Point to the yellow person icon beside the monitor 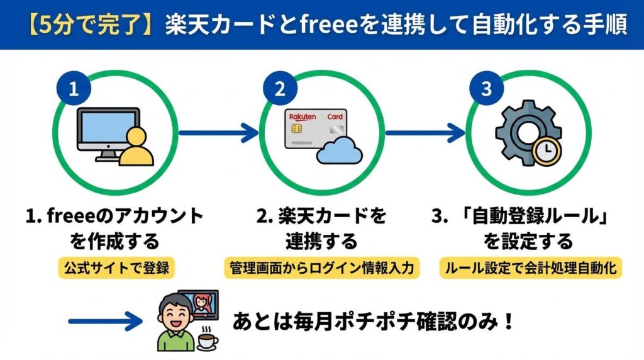(135, 149)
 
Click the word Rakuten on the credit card (303, 117)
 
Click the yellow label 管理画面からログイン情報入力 (321, 267)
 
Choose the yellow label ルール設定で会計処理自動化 (530, 267)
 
